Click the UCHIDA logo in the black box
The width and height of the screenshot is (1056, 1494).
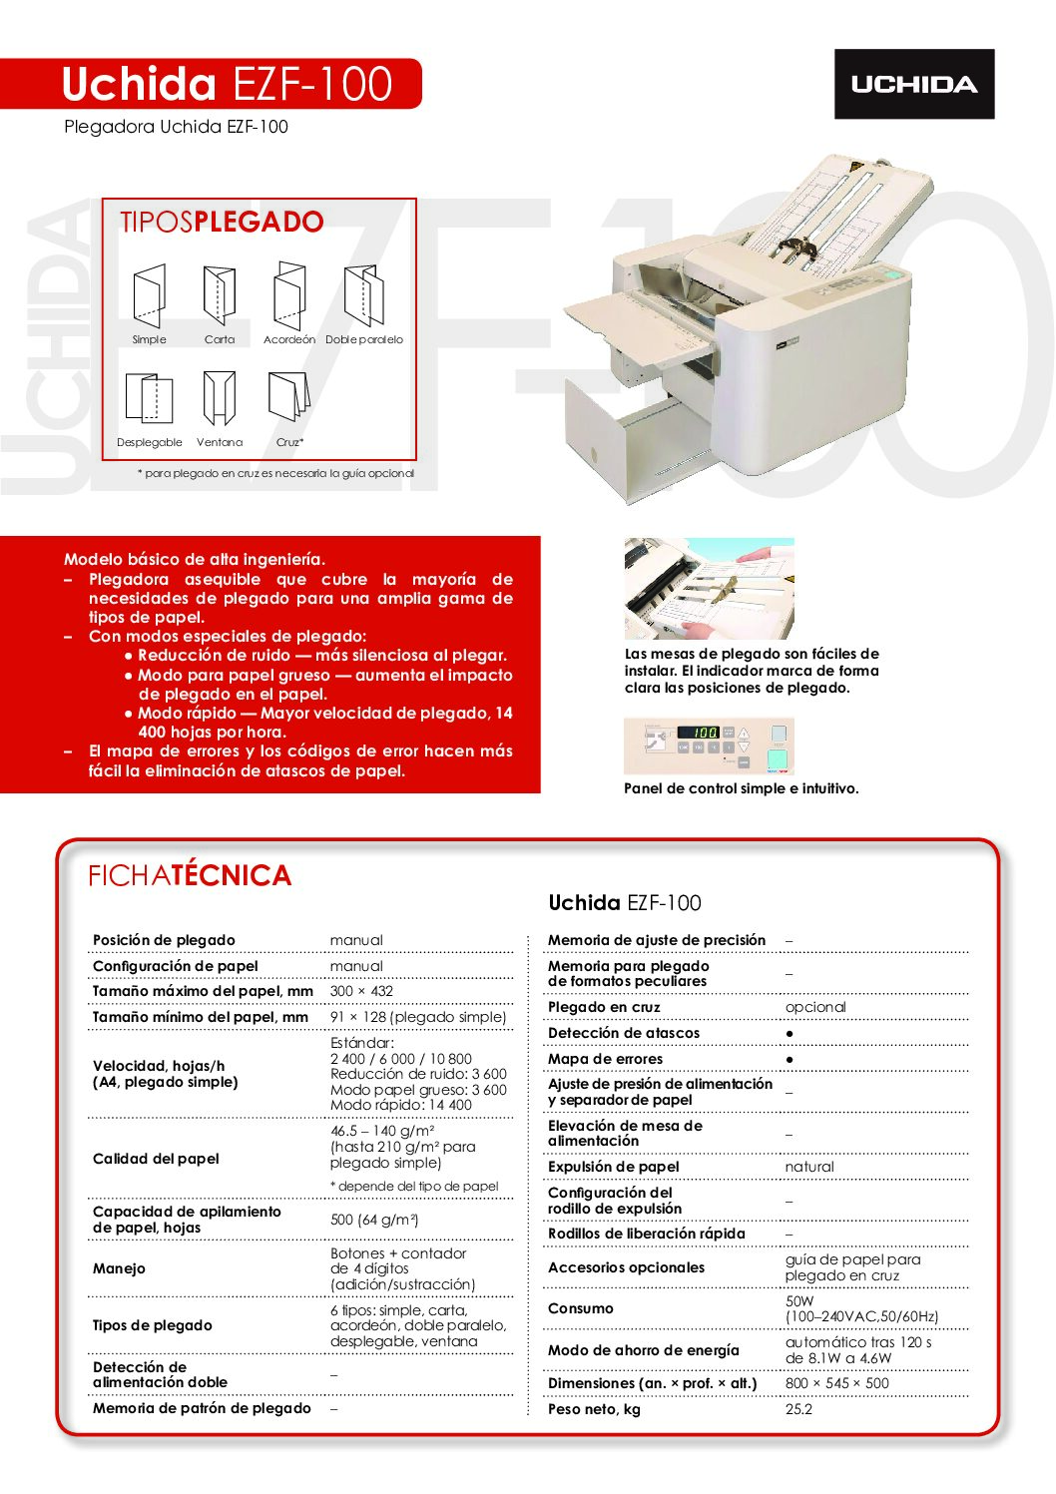tap(913, 85)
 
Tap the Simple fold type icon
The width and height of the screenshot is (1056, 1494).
tap(149, 295)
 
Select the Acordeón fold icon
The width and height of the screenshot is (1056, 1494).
tap(289, 295)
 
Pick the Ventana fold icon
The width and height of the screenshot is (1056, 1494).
tap(219, 398)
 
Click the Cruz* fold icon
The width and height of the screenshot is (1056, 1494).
tap(288, 396)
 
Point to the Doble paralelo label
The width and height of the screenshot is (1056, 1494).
tap(364, 339)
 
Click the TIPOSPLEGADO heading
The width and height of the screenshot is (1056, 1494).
tap(222, 222)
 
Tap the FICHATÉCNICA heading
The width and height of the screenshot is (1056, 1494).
tap(190, 875)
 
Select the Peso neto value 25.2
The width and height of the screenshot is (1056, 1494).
tap(798, 1409)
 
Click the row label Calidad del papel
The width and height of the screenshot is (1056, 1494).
tap(156, 1159)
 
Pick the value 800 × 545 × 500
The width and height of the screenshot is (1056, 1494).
tap(836, 1383)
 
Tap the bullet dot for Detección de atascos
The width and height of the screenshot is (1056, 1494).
tap(790, 1033)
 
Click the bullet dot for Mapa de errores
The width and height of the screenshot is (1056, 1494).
tap(790, 1059)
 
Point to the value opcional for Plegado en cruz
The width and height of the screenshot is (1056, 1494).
tap(815, 1007)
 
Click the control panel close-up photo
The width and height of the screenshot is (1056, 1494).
tap(709, 746)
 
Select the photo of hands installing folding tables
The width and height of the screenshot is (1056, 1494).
tap(709, 589)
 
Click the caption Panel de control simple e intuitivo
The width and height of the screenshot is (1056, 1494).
tap(741, 788)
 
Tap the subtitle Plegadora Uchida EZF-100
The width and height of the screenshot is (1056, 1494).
tap(176, 127)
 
